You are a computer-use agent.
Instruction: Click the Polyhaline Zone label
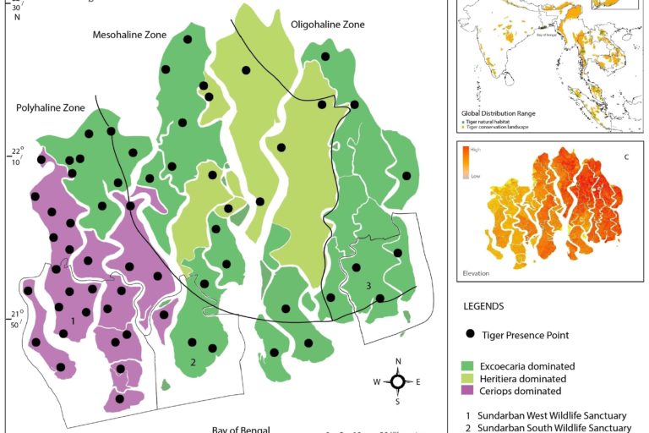[50, 107]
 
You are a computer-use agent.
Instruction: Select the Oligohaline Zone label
[327, 25]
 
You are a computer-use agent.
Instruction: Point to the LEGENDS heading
[483, 306]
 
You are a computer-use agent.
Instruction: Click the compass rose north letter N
[398, 362]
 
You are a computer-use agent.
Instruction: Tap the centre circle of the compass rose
[398, 381]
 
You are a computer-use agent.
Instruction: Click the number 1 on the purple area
[74, 321]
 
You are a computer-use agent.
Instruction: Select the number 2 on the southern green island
[193, 362]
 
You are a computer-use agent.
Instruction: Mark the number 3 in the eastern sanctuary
[368, 286]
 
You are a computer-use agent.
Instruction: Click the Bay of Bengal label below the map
[240, 430]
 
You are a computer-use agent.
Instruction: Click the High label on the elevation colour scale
[476, 150]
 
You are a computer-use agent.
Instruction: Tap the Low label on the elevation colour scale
[475, 176]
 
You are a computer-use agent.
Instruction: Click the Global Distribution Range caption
[498, 112]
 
